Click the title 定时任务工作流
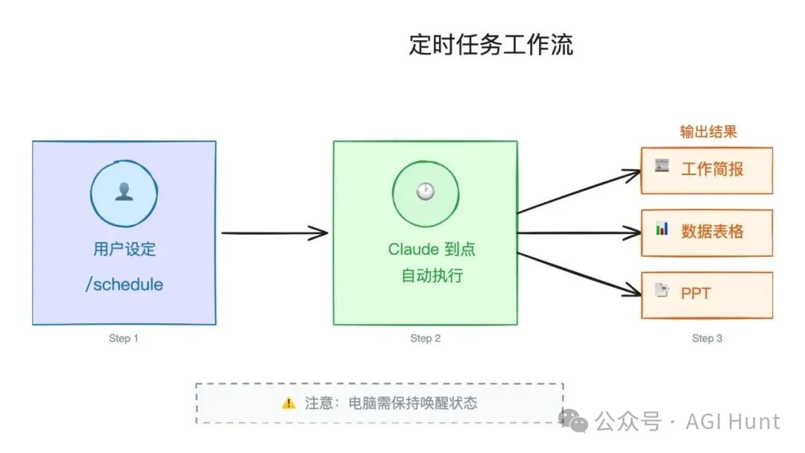[491, 45]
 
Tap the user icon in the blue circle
[123, 192]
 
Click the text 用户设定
[124, 249]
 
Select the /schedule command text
[124, 285]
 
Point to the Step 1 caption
[124, 338]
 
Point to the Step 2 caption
[425, 338]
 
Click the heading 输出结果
[707, 132]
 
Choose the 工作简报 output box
[707, 170]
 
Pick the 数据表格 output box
[707, 232]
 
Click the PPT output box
[707, 294]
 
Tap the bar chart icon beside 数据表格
[662, 229]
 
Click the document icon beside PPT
[661, 291]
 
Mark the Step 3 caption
[707, 338]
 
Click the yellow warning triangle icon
[288, 403]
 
